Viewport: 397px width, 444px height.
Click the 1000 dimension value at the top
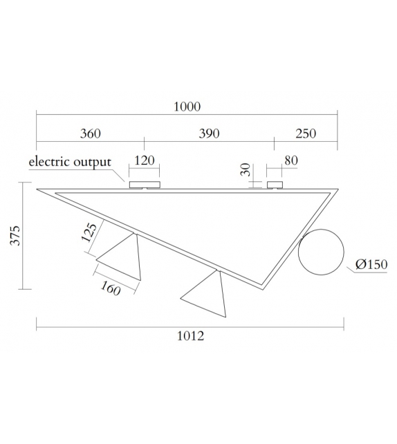pyautogui.click(x=187, y=107)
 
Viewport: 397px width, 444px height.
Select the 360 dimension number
pyautogui.click(x=90, y=133)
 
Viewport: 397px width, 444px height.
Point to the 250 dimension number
pyautogui.click(x=305, y=133)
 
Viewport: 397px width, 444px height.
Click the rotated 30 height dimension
pyautogui.click(x=245, y=170)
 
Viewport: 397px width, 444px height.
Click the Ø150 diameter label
pyautogui.click(x=371, y=264)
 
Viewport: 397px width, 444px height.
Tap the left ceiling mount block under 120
pyautogui.click(x=144, y=185)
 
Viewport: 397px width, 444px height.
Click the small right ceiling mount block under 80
pyautogui.click(x=276, y=185)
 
